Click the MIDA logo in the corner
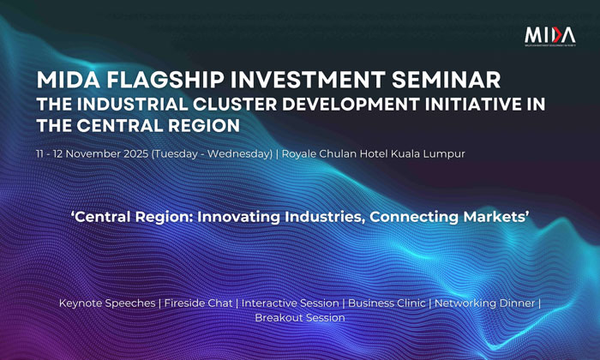tap(550, 36)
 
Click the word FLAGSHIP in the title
tap(165, 80)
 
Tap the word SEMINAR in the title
tap(447, 80)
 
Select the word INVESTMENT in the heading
tap(308, 80)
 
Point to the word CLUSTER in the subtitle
tap(235, 105)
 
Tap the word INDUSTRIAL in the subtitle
tap(132, 105)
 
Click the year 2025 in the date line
tap(135, 153)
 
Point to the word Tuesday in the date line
tap(176, 154)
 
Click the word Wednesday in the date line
tap(240, 154)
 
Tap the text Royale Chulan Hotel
tap(335, 153)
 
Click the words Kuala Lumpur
tap(429, 154)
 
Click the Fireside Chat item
tap(198, 303)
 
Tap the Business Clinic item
tap(387, 303)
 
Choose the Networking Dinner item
tap(485, 303)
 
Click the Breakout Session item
tap(300, 317)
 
